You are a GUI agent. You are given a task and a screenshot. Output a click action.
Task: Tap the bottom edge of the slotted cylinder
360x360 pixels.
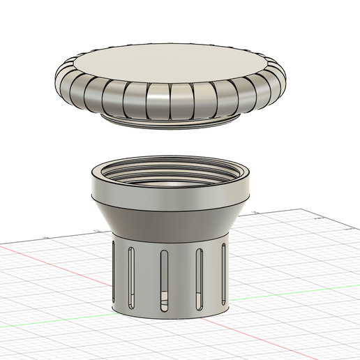171,315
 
